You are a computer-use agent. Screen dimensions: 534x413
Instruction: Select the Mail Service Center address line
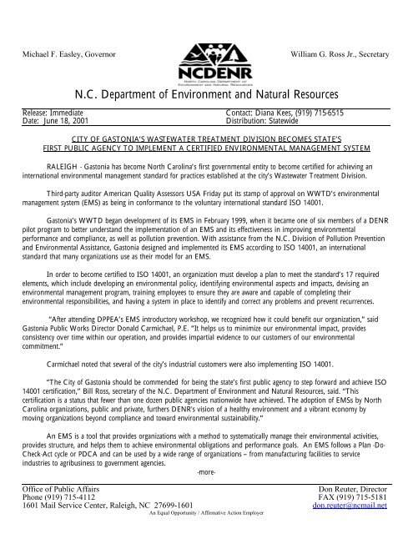[107, 504]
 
